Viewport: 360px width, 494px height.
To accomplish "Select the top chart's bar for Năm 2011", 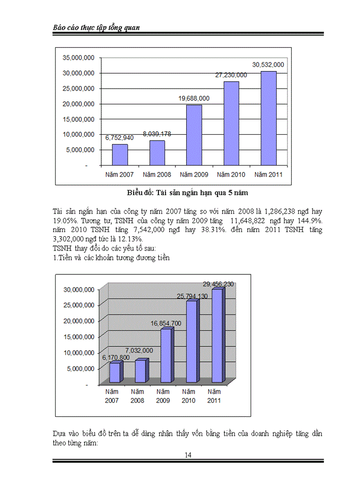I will coord(268,118).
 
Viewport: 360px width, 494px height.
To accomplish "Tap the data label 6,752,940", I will coord(120,138).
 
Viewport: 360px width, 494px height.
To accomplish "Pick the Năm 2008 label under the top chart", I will coord(157,174).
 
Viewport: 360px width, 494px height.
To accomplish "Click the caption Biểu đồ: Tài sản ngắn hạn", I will coord(188,193).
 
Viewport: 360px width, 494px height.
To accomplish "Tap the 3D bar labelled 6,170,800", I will coord(115,372).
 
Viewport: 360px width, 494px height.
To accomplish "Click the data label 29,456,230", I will coord(218,284).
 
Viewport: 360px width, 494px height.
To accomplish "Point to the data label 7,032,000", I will coord(139,350).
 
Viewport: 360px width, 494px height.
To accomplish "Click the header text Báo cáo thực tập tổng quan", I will coord(97,27).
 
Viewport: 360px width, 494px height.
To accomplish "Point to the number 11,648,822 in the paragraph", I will coord(245,221).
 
